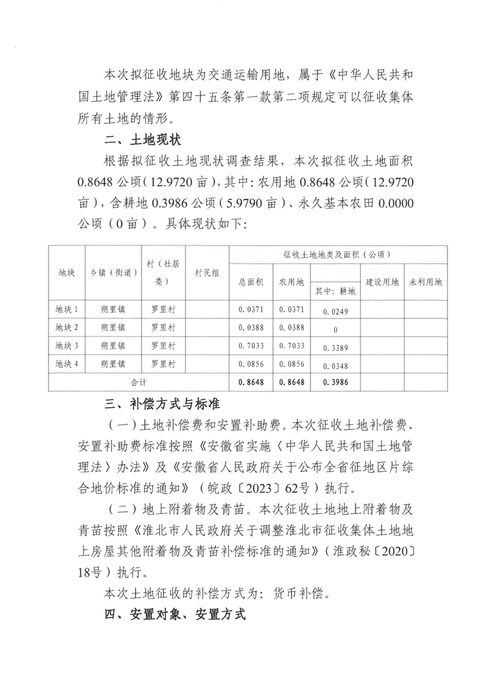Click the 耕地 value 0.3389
[335, 348]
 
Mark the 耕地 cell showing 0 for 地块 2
[335, 329]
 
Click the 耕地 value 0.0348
[335, 366]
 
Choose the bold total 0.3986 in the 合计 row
[335, 383]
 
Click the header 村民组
[207, 274]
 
